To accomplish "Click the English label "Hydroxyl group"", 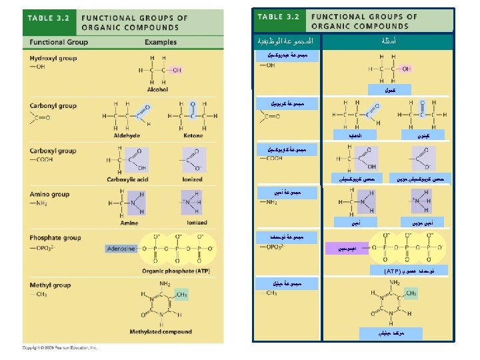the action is pyautogui.click(x=53, y=58).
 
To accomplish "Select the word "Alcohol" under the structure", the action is pyautogui.click(x=157, y=89).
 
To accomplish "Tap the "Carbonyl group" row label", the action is pyautogui.click(x=53, y=105).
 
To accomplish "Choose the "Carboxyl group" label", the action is pyautogui.click(x=53, y=151).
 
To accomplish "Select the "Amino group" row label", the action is pyautogui.click(x=49, y=194).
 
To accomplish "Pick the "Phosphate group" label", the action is pyautogui.click(x=55, y=237).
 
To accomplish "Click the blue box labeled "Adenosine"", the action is pyautogui.click(x=121, y=249).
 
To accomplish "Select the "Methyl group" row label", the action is pyautogui.click(x=50, y=285).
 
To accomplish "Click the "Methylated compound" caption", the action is pyautogui.click(x=160, y=331).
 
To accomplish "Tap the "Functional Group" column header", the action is pyautogui.click(x=59, y=42).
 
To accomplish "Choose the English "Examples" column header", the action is pyautogui.click(x=161, y=42).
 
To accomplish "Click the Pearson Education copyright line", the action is pyautogui.click(x=60, y=347).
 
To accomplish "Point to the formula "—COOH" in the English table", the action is pyautogui.click(x=41, y=159).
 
